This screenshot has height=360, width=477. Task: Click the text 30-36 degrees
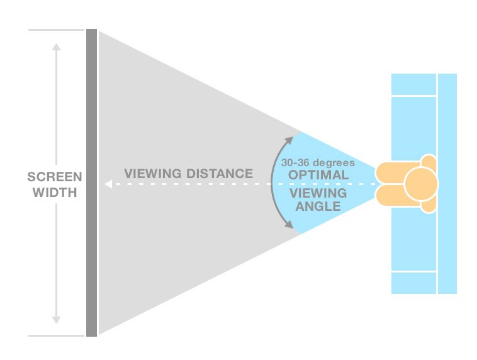point(318,162)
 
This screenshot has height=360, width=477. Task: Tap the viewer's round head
point(420,184)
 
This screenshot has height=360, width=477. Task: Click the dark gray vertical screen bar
point(91,183)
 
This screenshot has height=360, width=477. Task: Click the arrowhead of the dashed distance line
point(108,185)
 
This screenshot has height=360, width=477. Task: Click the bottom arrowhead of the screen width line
point(56,319)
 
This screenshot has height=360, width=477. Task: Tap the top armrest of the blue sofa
point(414,85)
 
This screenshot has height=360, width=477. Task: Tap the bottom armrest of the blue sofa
point(414,283)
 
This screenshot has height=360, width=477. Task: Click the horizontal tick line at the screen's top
point(56,30)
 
